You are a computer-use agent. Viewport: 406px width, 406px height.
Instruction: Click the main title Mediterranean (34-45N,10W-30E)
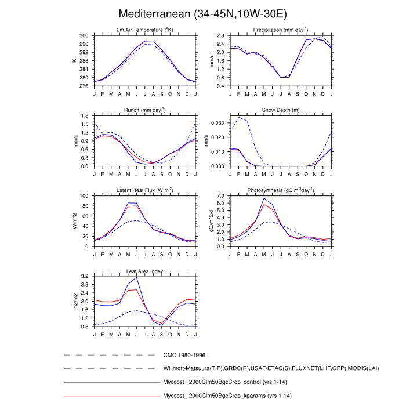(202, 13)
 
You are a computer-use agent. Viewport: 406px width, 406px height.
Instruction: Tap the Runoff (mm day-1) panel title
(144, 110)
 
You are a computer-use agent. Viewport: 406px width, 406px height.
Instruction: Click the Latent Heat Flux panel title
(144, 190)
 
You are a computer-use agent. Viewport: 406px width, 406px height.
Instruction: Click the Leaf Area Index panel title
(144, 271)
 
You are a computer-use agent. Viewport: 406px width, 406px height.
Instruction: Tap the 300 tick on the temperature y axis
(84, 36)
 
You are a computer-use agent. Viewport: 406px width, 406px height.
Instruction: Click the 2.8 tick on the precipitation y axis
(220, 36)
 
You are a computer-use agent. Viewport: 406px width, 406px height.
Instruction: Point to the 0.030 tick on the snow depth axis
(217, 123)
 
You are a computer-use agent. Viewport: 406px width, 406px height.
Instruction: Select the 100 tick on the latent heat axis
(84, 196)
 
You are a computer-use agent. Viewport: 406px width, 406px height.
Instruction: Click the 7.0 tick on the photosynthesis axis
(220, 196)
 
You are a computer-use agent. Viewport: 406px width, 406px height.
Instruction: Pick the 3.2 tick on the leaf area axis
(84, 276)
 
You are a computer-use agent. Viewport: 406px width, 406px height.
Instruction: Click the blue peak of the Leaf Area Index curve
(137, 277)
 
